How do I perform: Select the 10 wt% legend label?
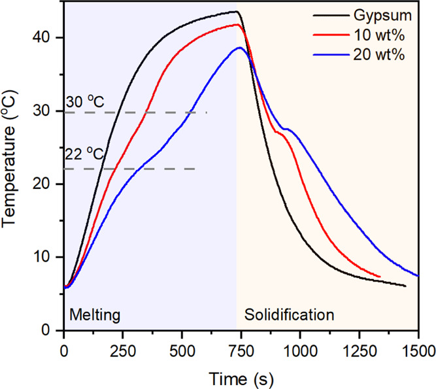coord(379,35)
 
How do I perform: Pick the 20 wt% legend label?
coord(379,55)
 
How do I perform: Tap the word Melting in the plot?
coord(95,315)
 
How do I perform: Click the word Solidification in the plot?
coord(289,315)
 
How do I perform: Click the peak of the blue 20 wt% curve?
coord(241,48)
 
